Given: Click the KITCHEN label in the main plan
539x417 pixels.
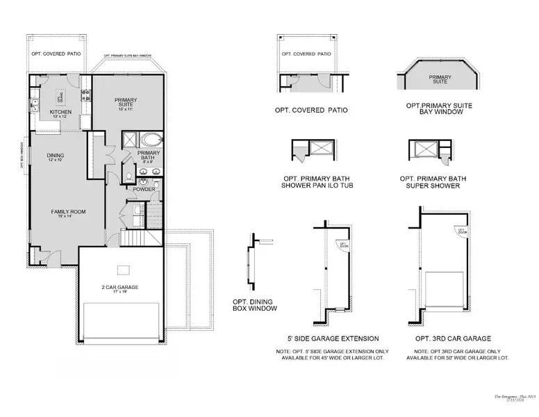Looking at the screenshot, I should tap(56, 111).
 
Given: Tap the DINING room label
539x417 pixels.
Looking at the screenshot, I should tap(56, 155).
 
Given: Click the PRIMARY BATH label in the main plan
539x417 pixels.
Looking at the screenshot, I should tap(149, 155).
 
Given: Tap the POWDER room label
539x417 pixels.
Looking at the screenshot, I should tap(143, 188).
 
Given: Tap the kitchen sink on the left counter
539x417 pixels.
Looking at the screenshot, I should tap(33, 106).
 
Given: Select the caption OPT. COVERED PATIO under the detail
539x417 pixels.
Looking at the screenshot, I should tap(311, 110).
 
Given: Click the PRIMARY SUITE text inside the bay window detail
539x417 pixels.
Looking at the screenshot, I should tap(439, 79).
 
